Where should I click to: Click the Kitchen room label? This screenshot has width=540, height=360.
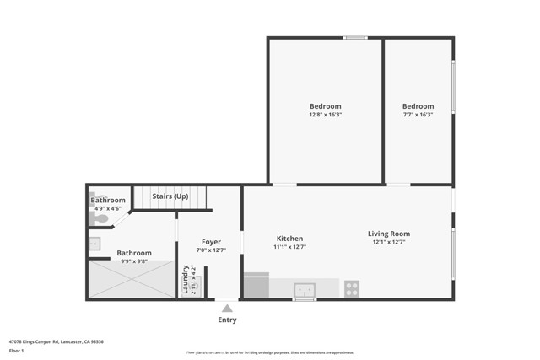tap(289, 239)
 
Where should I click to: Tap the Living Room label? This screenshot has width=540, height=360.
tap(388, 234)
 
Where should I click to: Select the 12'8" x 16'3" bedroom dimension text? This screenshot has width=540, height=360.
tap(325, 114)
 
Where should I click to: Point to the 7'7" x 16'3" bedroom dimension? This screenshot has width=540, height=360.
tap(418, 114)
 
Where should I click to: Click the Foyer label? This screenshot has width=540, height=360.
tap(211, 242)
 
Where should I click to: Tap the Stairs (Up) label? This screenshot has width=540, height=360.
tap(170, 196)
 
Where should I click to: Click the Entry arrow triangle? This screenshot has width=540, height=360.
tap(227, 309)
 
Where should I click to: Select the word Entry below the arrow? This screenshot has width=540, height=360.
tap(227, 320)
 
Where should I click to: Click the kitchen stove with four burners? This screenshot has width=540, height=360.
tap(352, 288)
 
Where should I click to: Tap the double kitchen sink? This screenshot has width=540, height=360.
tap(305, 290)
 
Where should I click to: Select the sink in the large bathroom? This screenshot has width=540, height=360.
tap(94, 244)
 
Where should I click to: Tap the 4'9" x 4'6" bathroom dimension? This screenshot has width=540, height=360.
tap(107, 208)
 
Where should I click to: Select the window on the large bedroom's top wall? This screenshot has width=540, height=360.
tap(355, 37)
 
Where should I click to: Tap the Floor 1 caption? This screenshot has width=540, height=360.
tap(17, 350)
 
